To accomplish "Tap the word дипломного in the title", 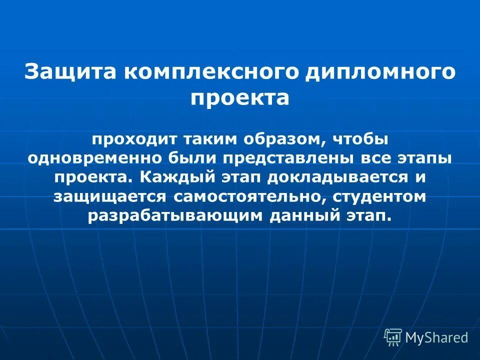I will coord(380,71).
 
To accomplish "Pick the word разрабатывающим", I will coord(175,215).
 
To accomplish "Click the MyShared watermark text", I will coord(436,338).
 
